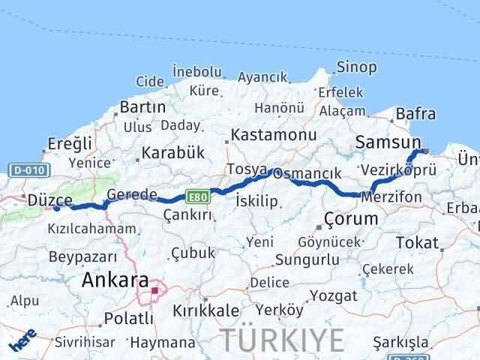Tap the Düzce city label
[49, 199]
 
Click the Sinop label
[356, 67]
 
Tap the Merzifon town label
[391, 196]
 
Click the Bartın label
[142, 107]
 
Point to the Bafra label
[415, 114]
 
